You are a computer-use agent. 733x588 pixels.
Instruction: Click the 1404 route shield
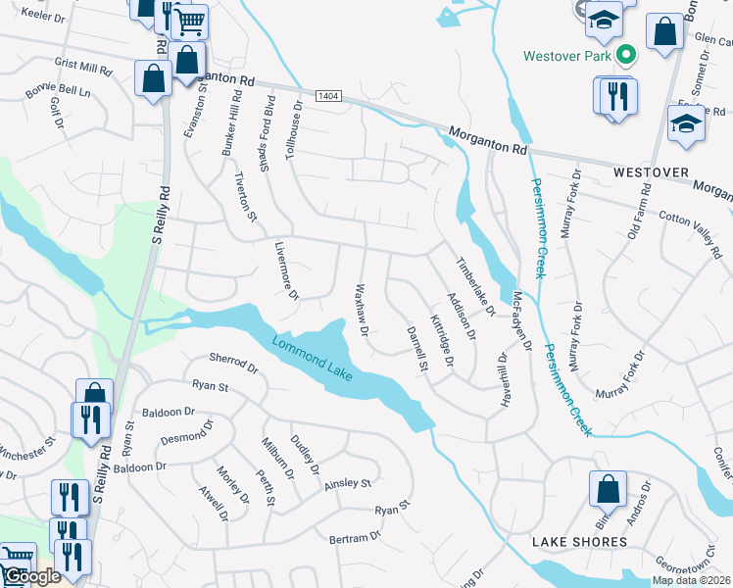328,95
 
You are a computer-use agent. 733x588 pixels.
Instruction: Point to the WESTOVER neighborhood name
647,171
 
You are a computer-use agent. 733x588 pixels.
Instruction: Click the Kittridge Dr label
443,340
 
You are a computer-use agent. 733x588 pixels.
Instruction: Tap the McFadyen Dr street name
521,319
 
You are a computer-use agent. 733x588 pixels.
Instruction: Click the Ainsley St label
349,482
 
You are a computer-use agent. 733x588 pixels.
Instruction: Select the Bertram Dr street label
354,538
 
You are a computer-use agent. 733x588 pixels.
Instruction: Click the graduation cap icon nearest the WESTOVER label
685,124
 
